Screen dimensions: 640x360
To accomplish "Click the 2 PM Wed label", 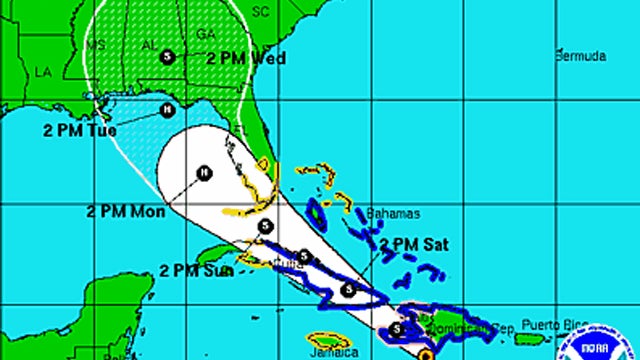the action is [x=246, y=58].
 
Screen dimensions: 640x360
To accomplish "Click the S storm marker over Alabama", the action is [x=167, y=57].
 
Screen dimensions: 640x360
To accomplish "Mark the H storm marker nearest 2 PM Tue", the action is [x=167, y=110].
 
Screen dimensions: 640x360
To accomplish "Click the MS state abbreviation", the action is [x=95, y=45].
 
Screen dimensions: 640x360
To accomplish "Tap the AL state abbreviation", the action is [x=148, y=45].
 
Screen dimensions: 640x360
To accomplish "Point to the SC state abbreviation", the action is [x=261, y=12].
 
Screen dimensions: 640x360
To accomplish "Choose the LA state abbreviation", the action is [x=43, y=72].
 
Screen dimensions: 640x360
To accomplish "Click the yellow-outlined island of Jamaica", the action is [x=329, y=341].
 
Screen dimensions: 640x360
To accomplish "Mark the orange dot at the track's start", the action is [x=424, y=353].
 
